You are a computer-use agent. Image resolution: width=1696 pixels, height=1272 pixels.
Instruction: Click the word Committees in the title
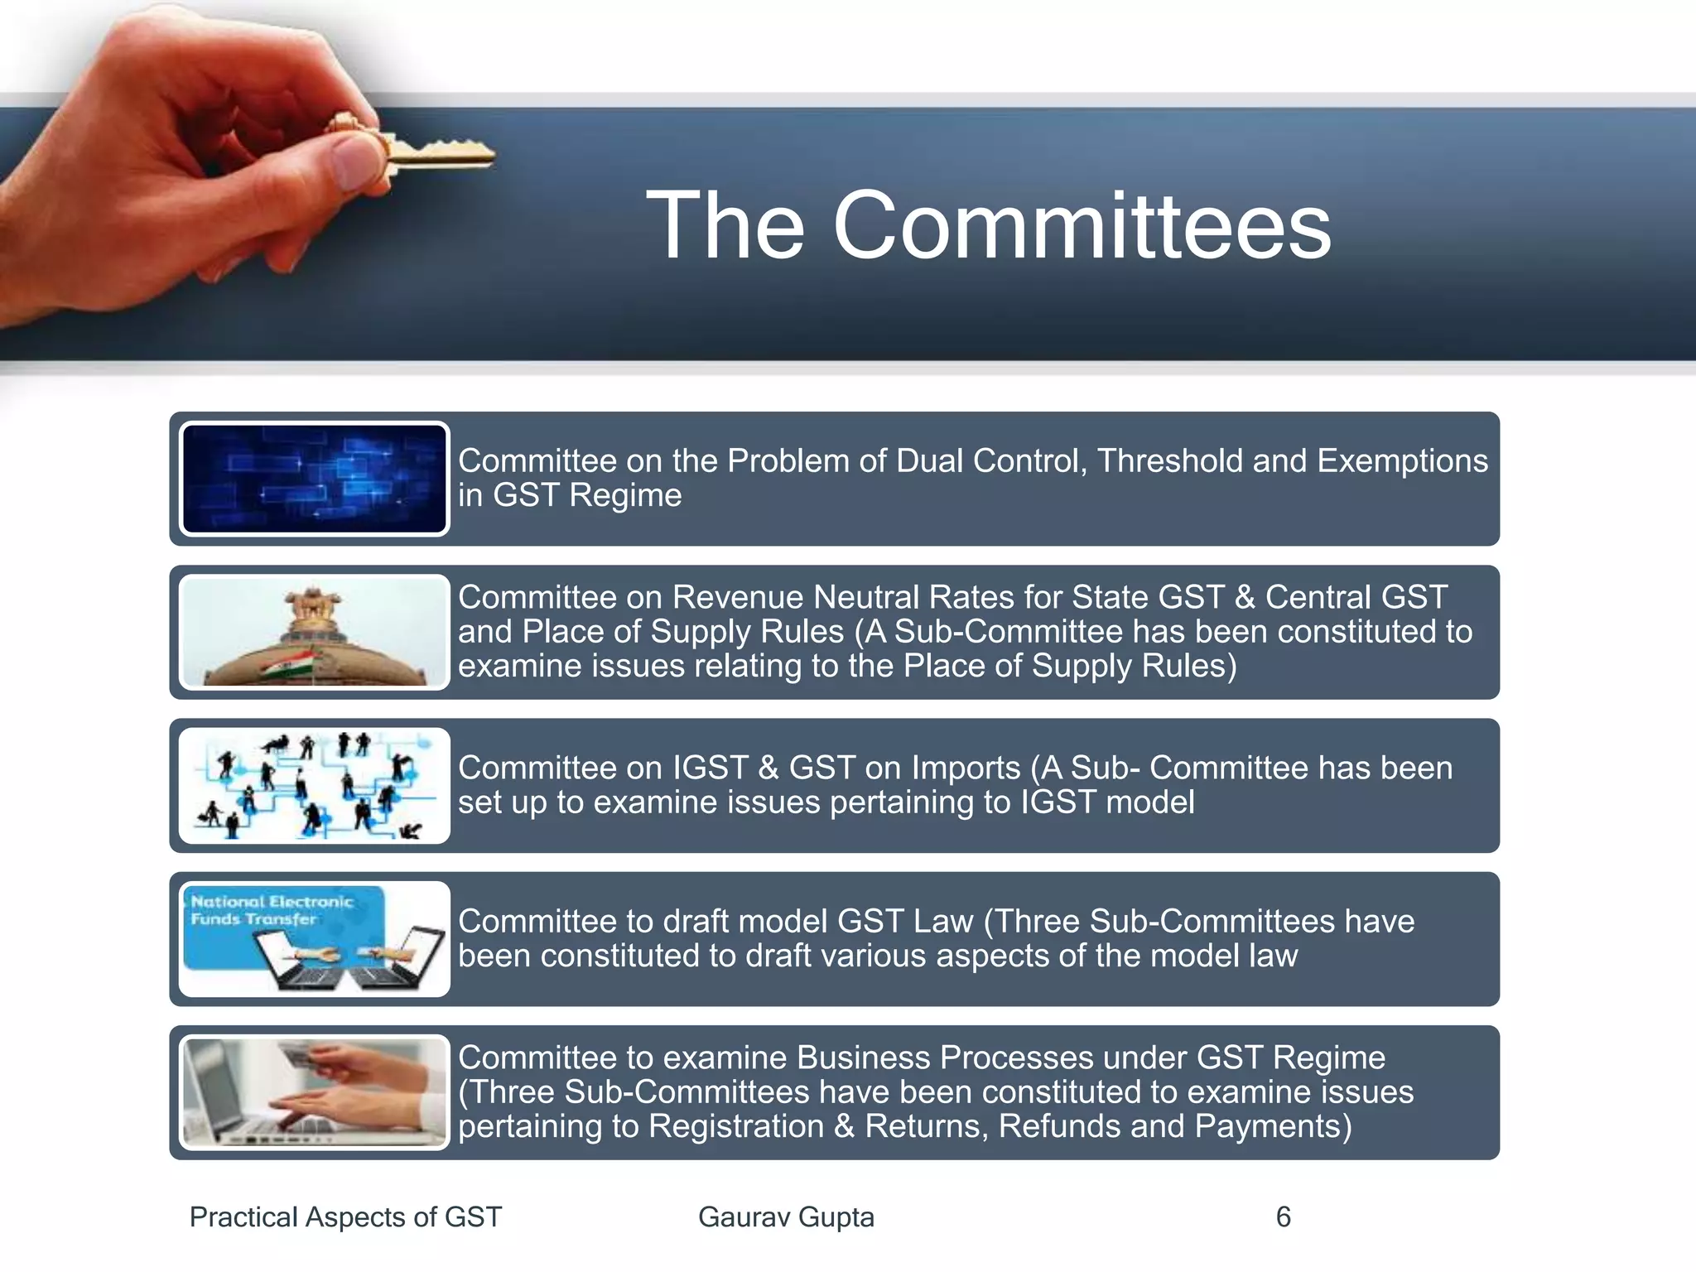click(x=1082, y=226)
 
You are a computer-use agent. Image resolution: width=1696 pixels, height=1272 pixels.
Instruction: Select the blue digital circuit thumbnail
click(x=314, y=479)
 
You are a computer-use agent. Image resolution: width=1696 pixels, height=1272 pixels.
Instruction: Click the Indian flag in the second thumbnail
click(x=289, y=663)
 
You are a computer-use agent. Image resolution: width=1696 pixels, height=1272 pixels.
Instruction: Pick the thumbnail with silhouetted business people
click(x=314, y=785)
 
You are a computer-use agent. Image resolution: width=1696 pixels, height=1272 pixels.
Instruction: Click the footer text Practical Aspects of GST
click(x=345, y=1217)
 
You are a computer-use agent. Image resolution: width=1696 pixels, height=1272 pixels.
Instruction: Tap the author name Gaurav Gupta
click(x=786, y=1217)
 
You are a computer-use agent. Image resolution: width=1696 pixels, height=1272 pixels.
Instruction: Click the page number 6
click(x=1283, y=1217)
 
